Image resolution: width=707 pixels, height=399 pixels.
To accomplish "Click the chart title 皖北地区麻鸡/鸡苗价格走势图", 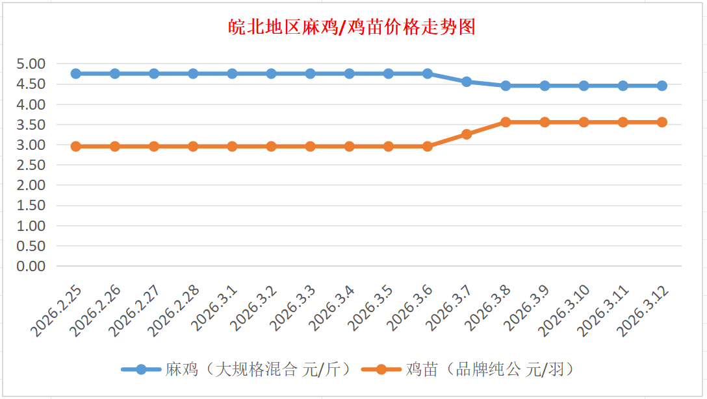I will pos(353,27).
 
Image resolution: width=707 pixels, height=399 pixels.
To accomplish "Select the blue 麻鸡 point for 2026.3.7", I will pos(467,82).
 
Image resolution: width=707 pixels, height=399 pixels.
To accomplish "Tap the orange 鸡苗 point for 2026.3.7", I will pos(467,134).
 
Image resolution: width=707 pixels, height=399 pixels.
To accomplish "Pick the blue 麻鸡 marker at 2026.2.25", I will pos(76,73).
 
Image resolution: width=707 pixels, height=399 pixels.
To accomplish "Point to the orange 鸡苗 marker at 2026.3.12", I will pos(662,122).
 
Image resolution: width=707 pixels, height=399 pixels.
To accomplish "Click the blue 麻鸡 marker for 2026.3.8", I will pos(506,86).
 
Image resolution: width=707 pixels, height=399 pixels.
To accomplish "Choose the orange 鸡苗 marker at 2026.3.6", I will pos(428,146).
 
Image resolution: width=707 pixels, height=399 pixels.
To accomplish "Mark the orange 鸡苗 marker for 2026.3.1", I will pos(232,146).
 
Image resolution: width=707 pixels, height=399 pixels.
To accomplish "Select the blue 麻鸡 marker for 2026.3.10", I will pos(584,86).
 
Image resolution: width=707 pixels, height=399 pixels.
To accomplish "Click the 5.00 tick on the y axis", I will pos(31,64).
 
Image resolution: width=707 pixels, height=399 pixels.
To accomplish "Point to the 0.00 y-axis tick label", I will pos(31,266).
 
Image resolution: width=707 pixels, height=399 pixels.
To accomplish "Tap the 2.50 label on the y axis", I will pos(31,165).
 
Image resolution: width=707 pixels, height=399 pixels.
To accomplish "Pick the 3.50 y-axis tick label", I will pos(31,125).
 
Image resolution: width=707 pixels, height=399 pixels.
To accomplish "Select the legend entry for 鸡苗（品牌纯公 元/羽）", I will pos(490,370).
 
